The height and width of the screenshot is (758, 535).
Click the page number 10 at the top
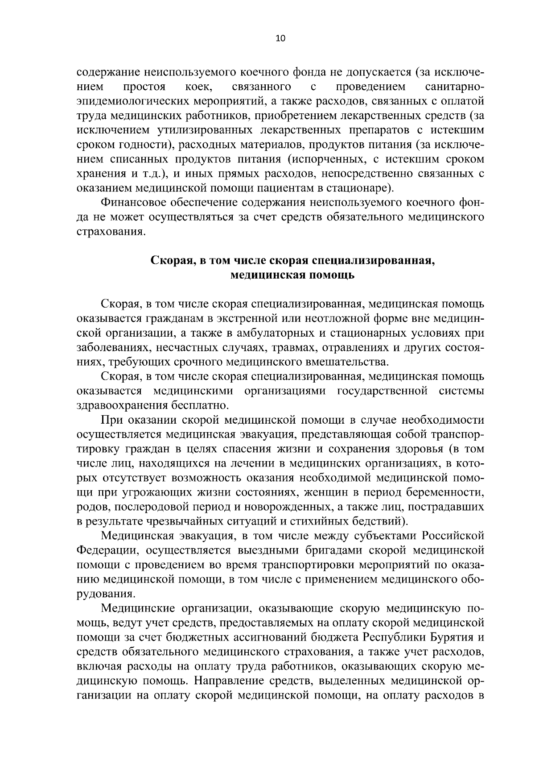280,38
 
